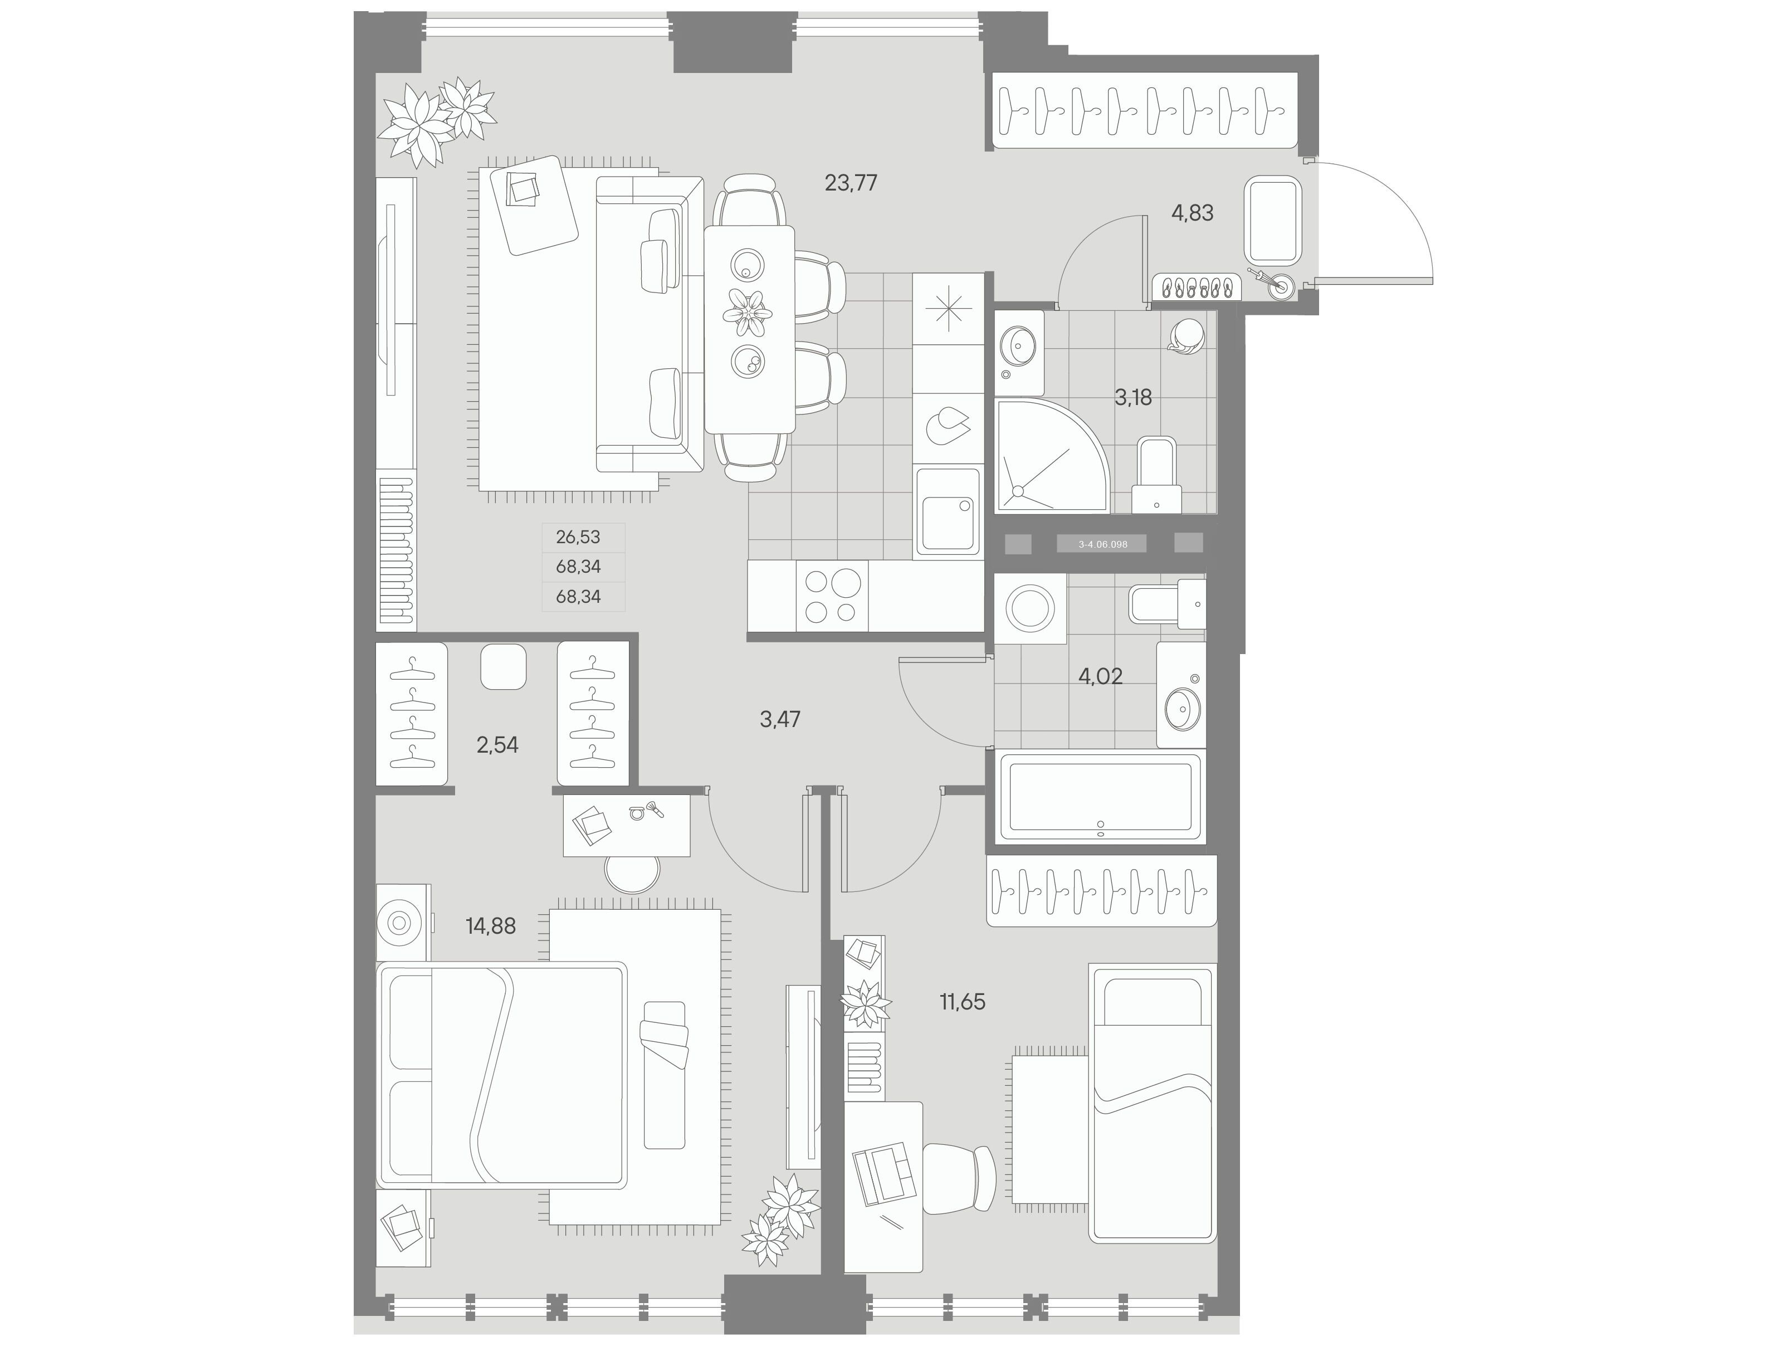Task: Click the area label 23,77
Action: pos(851,183)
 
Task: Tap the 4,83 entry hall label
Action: pos(1193,213)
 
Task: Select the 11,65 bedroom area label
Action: pos(962,1002)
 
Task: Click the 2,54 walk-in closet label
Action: pos(497,745)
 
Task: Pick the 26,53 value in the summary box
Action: pos(578,537)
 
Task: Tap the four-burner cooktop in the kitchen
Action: pos(832,596)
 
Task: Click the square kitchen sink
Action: pos(947,513)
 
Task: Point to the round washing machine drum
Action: pos(1029,608)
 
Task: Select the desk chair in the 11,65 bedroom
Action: pos(959,1179)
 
